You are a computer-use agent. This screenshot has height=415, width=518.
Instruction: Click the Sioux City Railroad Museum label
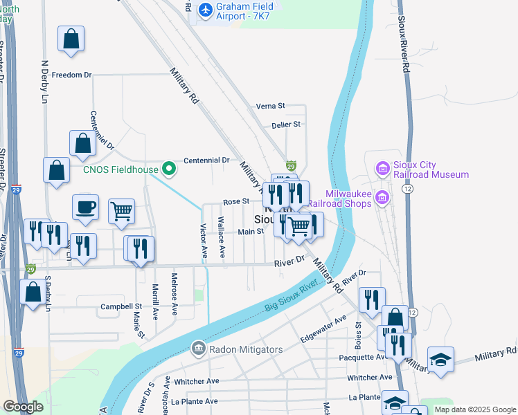pyautogui.click(x=431, y=169)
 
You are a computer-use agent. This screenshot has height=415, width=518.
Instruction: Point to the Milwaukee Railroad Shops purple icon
pyautogui.click(x=381, y=199)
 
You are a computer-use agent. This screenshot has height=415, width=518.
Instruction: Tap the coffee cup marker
pyautogui.click(x=85, y=207)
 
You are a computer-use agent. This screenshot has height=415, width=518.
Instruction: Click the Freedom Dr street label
pyautogui.click(x=71, y=75)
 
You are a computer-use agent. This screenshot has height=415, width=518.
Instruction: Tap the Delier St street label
pyautogui.click(x=285, y=124)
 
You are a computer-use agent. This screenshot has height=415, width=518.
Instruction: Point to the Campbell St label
pyautogui.click(x=120, y=306)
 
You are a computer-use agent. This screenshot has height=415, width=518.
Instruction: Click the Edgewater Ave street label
pyautogui.click(x=323, y=330)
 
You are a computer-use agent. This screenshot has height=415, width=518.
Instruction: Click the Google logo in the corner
pyautogui.click(x=24, y=406)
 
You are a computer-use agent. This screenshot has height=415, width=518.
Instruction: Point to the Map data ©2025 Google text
pyautogui.click(x=474, y=409)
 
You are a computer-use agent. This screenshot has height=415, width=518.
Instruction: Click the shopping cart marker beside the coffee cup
pyautogui.click(x=121, y=211)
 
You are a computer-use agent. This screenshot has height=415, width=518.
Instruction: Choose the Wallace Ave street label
pyautogui.click(x=221, y=237)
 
